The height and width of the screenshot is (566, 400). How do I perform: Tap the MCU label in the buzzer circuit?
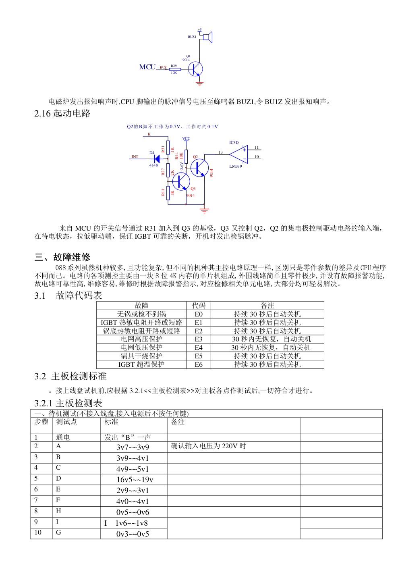(x=147, y=67)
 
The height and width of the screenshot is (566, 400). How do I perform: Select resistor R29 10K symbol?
(x=175, y=69)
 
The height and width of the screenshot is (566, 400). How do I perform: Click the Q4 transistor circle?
(x=195, y=69)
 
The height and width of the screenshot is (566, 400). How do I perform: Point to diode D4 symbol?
(x=157, y=159)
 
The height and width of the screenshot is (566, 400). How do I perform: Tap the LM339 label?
(x=236, y=166)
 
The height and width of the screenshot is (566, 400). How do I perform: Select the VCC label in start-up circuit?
(x=186, y=139)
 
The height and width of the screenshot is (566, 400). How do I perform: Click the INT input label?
(x=135, y=157)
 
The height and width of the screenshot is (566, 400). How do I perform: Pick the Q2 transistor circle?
(x=199, y=168)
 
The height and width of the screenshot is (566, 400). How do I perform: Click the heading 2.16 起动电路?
(x=62, y=113)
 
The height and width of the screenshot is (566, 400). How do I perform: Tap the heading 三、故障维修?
(x=62, y=257)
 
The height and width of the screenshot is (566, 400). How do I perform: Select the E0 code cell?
(x=199, y=314)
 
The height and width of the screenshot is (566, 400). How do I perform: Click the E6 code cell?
(x=199, y=364)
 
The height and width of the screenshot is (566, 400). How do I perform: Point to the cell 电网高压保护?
(x=141, y=339)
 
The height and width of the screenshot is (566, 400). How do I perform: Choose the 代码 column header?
(x=199, y=306)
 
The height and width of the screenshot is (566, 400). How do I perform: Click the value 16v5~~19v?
(x=135, y=480)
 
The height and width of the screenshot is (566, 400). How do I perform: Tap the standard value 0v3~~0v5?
(x=133, y=534)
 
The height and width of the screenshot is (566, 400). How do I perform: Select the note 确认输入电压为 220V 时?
(x=208, y=446)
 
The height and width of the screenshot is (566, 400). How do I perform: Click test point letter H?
(x=58, y=511)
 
